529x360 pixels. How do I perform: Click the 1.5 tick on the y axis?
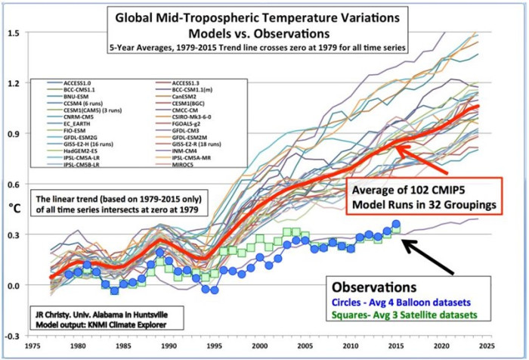(x=14, y=33)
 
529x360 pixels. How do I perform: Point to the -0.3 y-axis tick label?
(x=13, y=334)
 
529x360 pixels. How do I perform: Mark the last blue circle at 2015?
(x=397, y=225)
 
